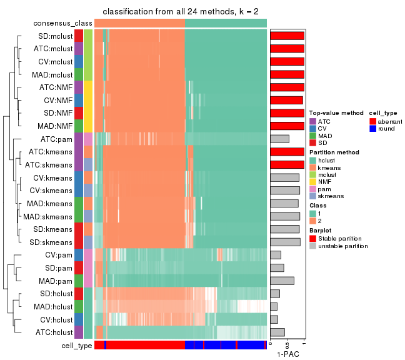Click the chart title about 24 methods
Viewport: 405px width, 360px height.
181,12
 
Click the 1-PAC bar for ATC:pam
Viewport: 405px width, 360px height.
279,139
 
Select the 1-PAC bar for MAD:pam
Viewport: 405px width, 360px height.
282,281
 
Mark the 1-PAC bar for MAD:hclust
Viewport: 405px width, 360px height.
274,306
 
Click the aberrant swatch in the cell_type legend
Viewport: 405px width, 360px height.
373,121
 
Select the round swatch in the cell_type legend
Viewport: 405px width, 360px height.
373,129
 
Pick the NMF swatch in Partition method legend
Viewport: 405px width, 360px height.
313,182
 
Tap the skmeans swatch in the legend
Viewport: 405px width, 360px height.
313,196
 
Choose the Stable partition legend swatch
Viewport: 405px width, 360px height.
313,239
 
